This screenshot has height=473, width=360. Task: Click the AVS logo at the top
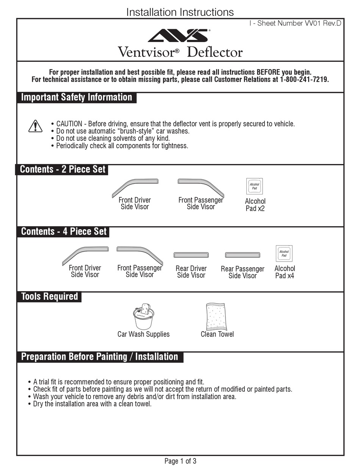pos(178,36)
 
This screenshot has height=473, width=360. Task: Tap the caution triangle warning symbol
pos(35,126)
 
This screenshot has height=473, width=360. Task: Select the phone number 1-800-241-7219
pos(304,80)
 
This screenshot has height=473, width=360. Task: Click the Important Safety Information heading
pos(77,97)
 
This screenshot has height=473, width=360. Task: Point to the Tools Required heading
pos(49,296)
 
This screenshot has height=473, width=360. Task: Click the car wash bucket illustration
pos(143,316)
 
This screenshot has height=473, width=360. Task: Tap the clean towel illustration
pos(215,316)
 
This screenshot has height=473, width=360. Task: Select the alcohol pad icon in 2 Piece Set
pos(255,186)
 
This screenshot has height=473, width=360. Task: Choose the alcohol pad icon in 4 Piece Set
pos(284,254)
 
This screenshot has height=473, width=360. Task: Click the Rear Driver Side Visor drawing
pos(191,255)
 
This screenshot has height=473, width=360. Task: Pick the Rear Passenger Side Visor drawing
pos(243,255)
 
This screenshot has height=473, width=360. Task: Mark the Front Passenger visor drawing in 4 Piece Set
pos(140,254)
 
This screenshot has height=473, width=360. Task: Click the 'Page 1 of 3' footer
pos(180,461)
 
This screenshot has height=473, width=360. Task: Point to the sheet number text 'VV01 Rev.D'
pos(323,23)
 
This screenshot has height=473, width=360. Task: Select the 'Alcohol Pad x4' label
pos(285,272)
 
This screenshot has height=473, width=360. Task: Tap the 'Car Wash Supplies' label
pos(143,334)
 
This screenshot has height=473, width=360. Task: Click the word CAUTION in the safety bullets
pos(69,124)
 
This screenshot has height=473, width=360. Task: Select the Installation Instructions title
pos(180,12)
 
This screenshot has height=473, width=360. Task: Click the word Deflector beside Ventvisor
pos(214,52)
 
